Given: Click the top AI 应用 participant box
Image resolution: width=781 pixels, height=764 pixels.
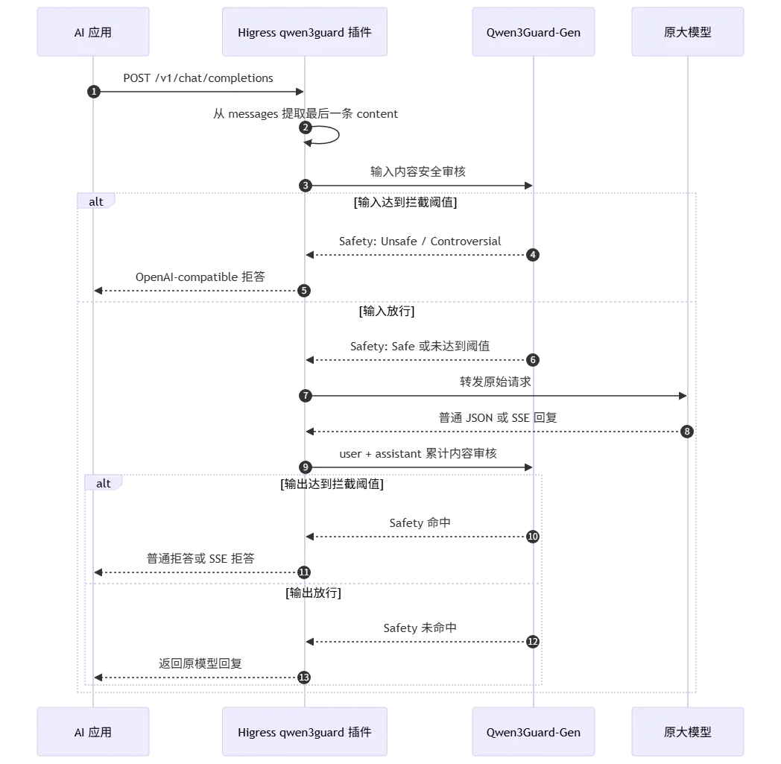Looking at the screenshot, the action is pos(93,32).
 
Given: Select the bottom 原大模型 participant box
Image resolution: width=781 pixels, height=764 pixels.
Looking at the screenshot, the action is pos(687,732).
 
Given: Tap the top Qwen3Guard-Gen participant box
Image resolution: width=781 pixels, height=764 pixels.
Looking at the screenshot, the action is pos(534,32).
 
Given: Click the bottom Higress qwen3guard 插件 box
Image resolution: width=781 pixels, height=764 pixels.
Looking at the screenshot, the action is pos(305,732).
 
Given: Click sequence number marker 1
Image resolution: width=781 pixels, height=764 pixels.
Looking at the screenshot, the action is pos(94,92).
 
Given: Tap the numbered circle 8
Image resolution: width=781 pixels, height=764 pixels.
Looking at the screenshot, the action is pos(687,432).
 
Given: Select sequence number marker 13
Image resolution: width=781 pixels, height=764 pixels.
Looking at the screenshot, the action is pos(304,678).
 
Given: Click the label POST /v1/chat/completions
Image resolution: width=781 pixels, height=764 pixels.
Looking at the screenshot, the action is pos(198,78).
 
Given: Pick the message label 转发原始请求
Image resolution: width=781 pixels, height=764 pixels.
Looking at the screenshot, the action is pos(495,382).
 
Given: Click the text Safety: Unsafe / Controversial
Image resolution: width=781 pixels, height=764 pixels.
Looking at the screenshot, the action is pos(420,241).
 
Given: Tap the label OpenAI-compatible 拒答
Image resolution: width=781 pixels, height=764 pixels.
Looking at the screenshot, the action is pos(200,277).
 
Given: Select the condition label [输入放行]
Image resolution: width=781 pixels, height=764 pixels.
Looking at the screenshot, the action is pos(387,312).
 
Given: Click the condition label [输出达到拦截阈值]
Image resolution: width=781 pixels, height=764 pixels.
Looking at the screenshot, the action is pos(332,484).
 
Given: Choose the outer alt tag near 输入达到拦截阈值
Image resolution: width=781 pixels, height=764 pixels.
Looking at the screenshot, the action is pos(96,201).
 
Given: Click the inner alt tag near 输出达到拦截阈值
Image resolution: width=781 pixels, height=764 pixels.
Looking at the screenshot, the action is pos(104,483).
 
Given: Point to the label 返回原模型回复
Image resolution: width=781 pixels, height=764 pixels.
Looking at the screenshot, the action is pos(200,663).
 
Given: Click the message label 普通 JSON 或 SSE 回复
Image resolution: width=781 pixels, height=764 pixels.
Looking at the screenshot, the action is pos(498,418).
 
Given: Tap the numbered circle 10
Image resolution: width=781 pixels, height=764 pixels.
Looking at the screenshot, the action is pos(533,537).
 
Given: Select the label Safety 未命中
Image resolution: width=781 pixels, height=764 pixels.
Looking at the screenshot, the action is pos(420,628).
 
